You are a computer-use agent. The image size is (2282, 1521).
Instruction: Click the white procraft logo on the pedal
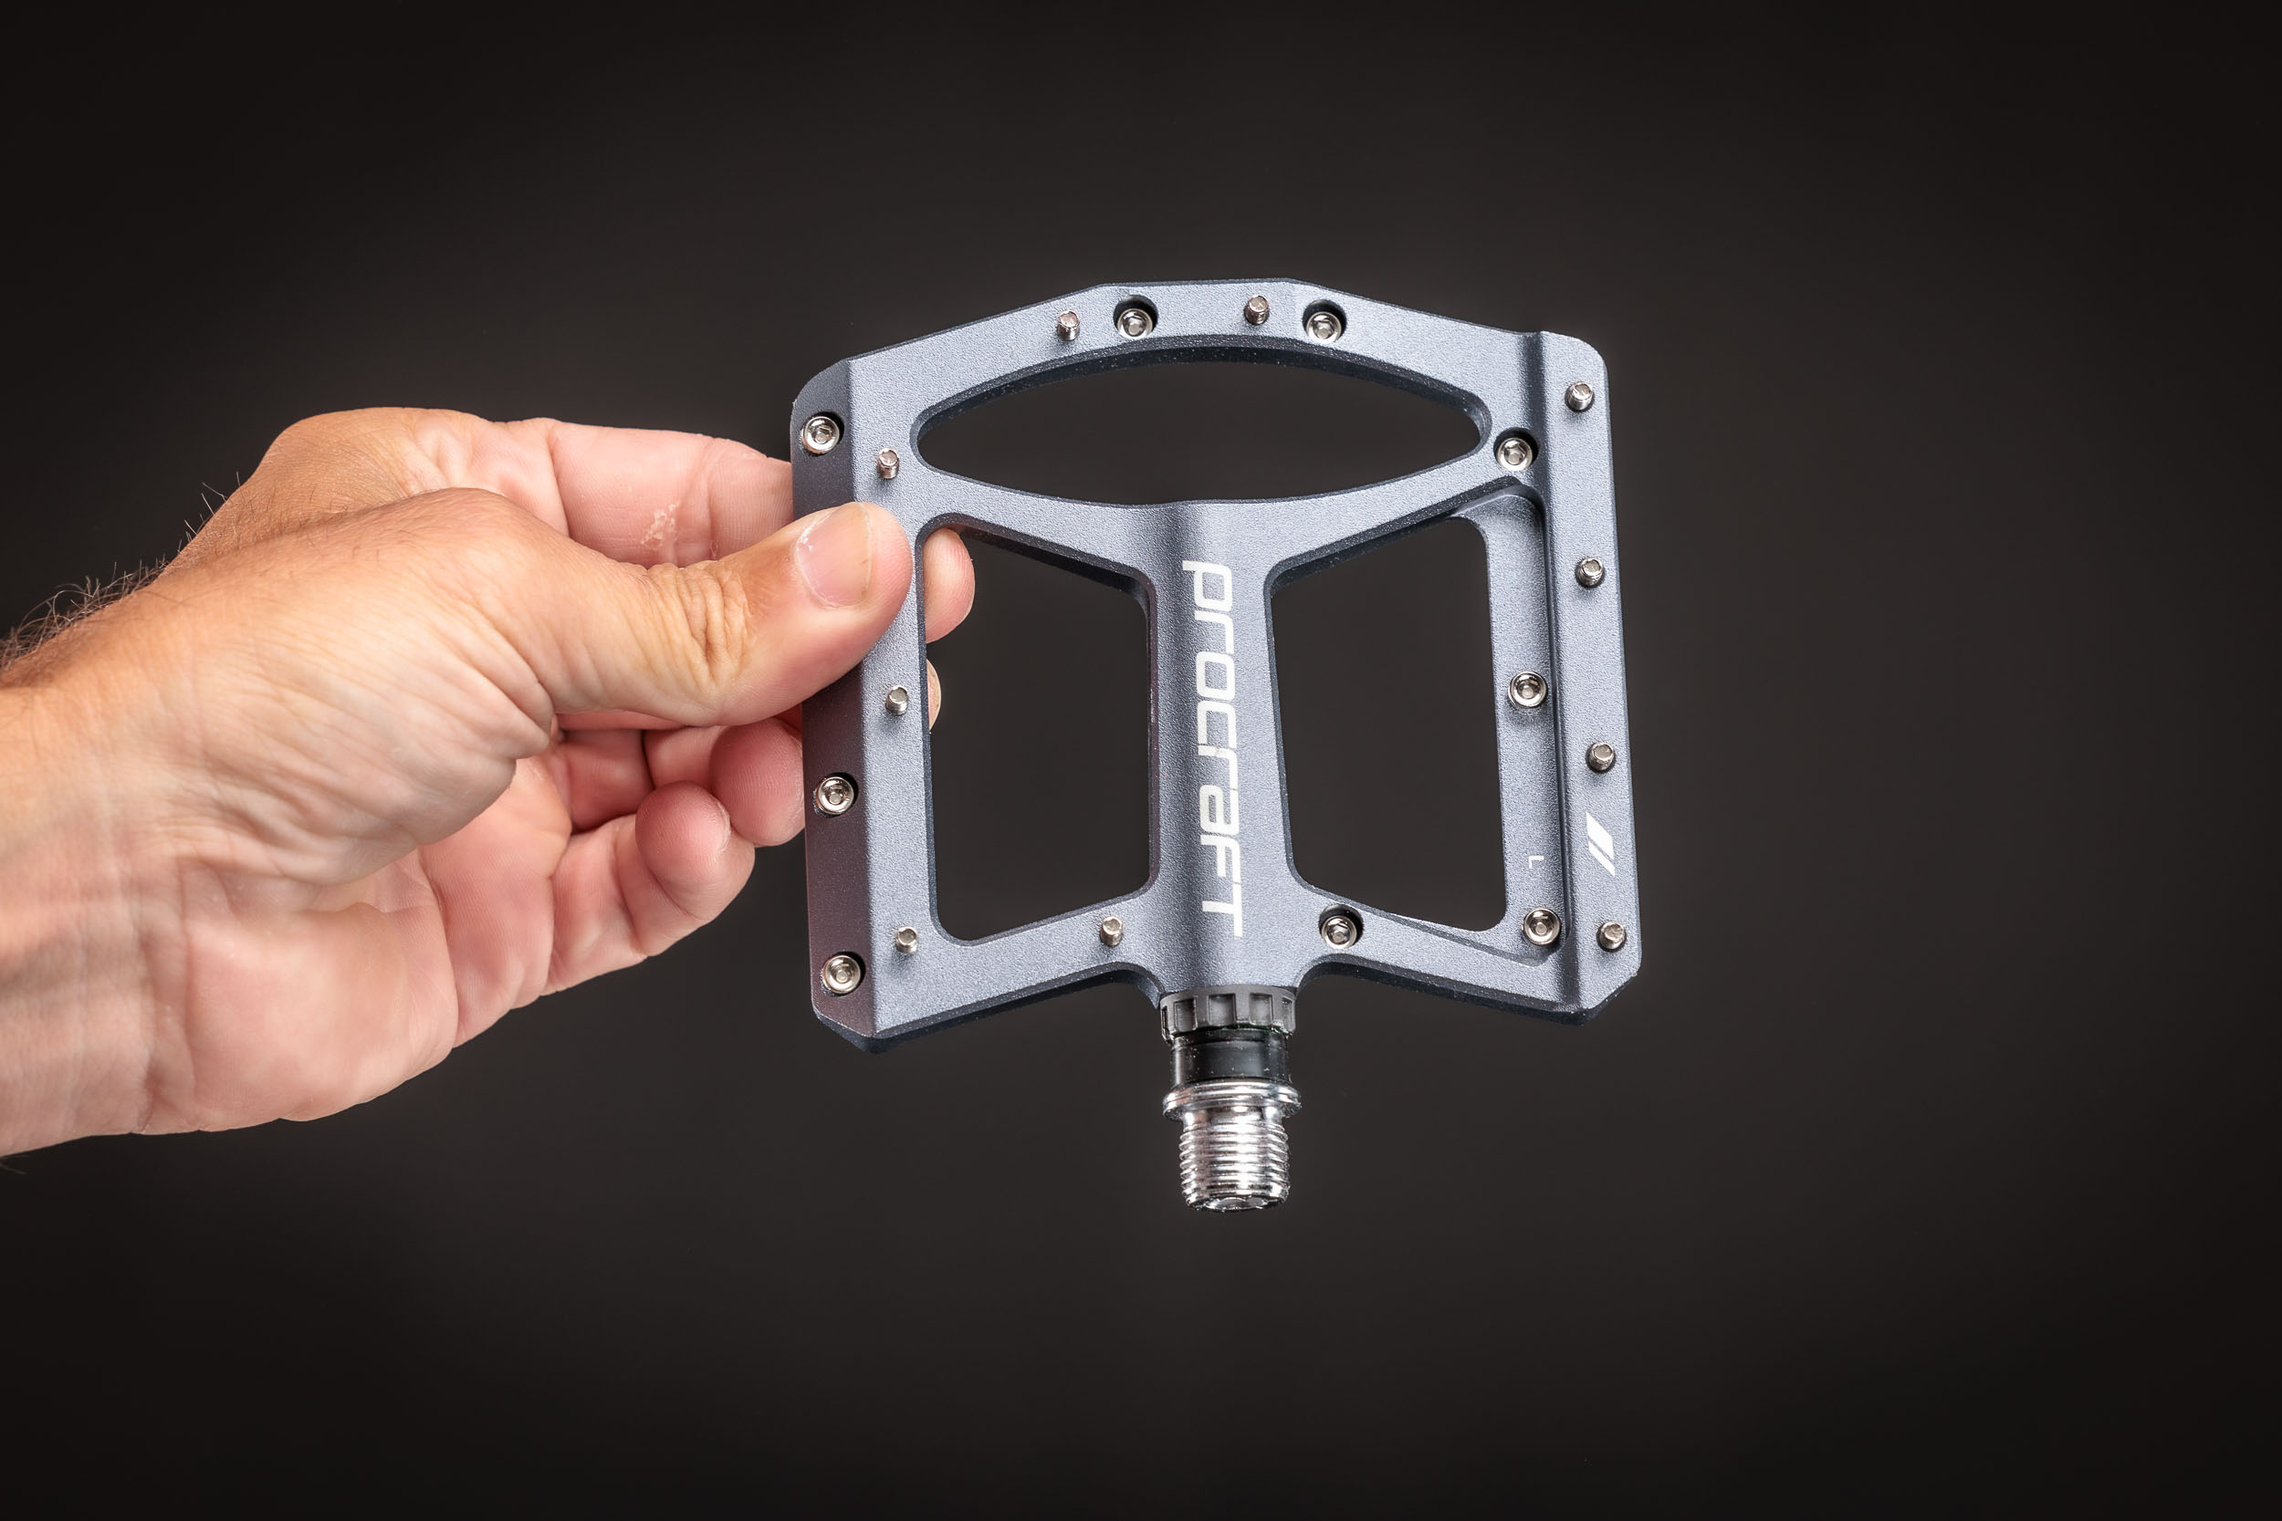1213,749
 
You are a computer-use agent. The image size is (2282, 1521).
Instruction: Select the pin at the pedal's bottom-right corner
1610,935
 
